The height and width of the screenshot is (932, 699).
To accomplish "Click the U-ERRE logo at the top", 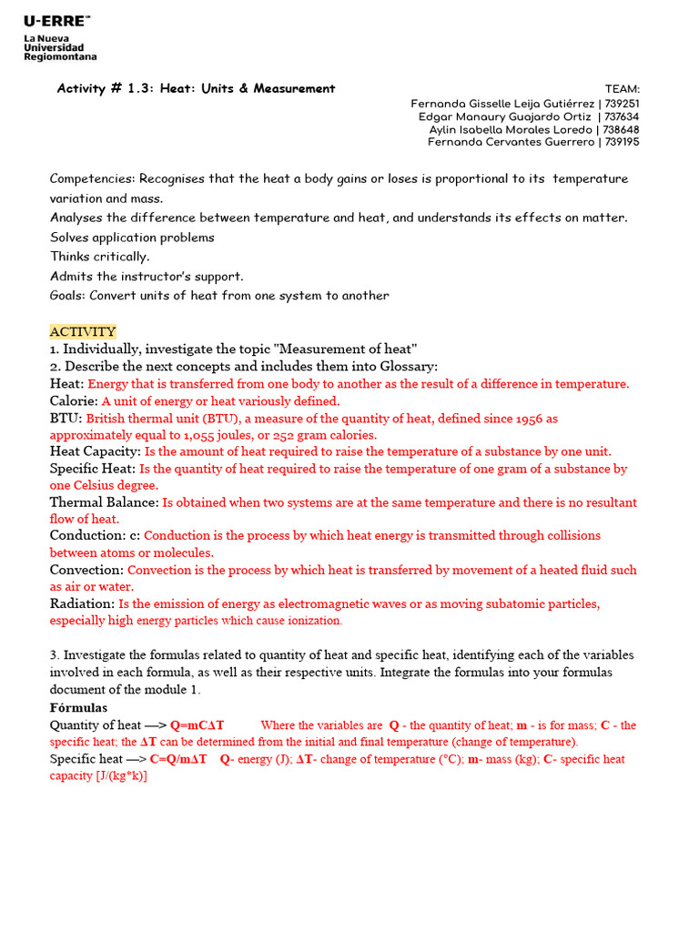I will pos(57,20).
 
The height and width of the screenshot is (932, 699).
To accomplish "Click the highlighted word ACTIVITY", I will pos(83,331).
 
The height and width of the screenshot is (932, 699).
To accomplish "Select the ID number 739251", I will pos(622,104).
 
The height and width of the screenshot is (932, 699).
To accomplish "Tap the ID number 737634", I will pos(622,116).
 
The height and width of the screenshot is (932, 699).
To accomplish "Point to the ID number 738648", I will pos(622,129).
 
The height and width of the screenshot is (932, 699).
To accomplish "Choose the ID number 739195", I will pos(622,142).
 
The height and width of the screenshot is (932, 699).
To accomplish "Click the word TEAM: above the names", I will pos(623,89).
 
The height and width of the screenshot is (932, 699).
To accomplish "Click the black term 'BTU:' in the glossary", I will pos(66,419).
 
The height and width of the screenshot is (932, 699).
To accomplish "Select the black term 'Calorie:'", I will pos(74,401).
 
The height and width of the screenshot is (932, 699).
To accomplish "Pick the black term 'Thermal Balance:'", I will pos(104,502).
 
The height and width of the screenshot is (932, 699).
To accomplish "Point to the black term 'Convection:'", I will pos(86,571).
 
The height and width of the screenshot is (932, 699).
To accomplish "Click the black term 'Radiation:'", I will pos(82,604).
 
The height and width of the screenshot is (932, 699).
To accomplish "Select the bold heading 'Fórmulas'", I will pos(78,708).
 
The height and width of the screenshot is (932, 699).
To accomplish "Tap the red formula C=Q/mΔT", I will pos(178,759).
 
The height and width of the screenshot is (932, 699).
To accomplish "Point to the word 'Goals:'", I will pos(67,296).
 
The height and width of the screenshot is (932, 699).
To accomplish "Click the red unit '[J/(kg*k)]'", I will pos(121,776).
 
